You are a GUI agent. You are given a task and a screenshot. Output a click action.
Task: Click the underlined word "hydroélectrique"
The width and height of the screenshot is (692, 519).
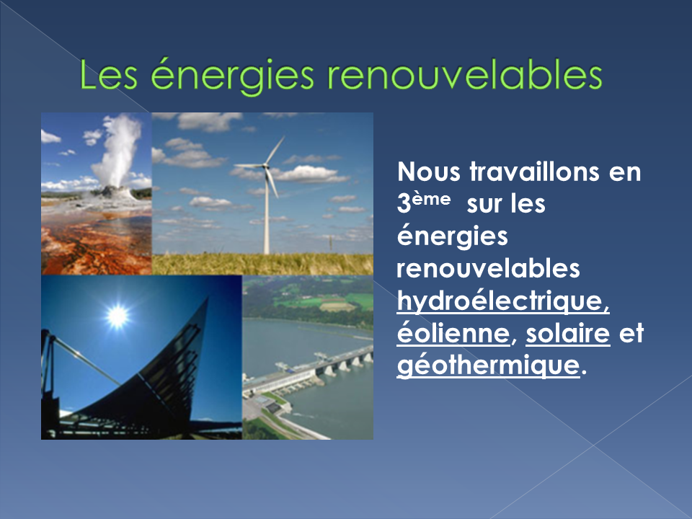503,301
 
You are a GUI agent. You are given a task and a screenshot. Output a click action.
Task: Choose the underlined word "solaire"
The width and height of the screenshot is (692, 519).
568,333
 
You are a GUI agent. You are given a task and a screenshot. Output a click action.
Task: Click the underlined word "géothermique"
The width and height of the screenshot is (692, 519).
488,366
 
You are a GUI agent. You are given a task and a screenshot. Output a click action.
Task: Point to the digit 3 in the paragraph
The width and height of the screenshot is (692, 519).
404,204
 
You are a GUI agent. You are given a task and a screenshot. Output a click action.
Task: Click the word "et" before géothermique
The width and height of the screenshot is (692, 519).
631,333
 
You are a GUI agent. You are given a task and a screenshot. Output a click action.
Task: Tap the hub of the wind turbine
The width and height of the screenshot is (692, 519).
265,167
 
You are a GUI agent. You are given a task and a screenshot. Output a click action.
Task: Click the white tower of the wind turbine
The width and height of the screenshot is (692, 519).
266,212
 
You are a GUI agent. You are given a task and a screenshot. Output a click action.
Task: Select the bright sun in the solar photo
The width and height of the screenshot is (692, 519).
117,316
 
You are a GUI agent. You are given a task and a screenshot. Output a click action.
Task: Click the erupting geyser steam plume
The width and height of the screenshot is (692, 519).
117,150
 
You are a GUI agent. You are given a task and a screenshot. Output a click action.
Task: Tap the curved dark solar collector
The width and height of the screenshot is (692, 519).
146,380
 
